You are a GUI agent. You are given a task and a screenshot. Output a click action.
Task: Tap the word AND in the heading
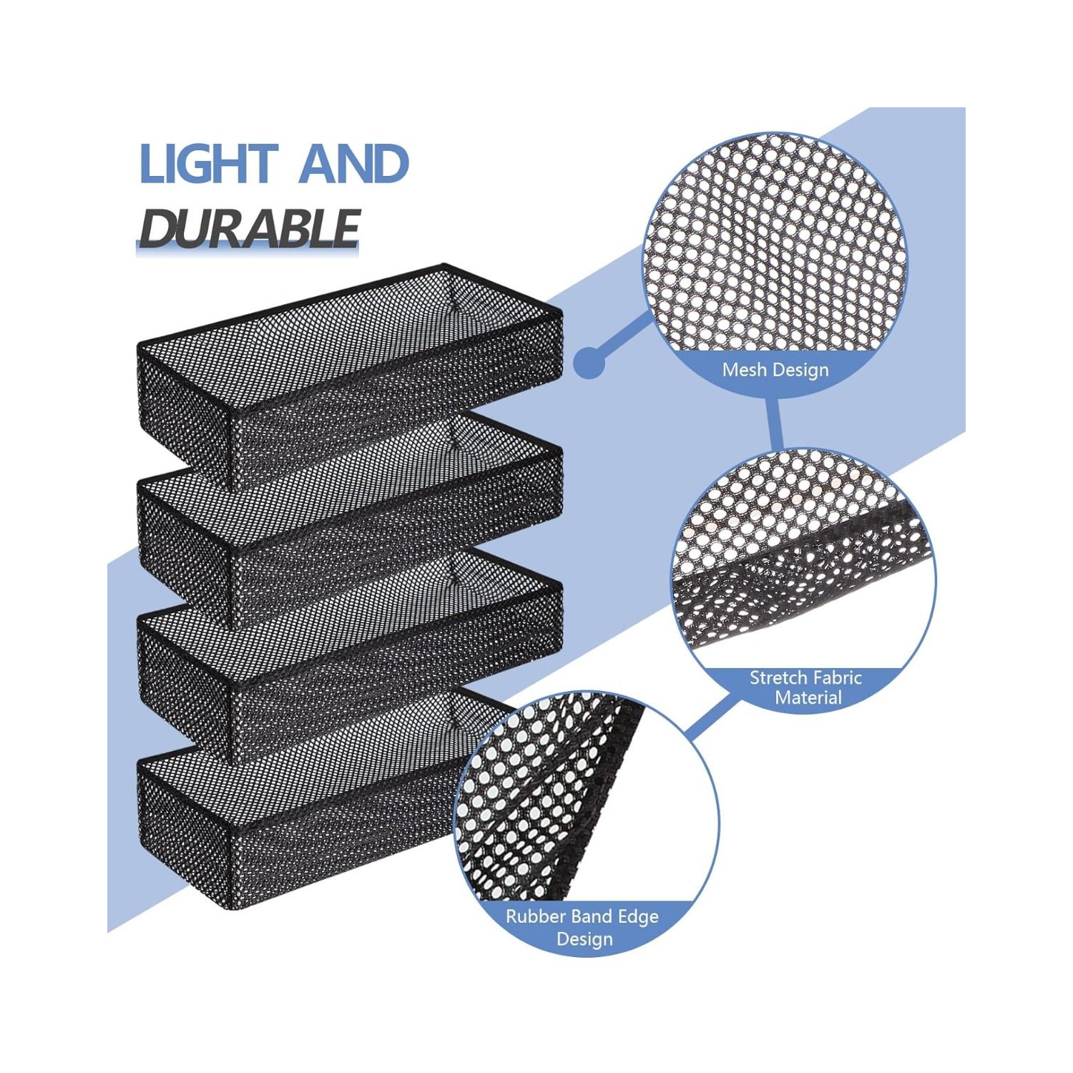tap(354, 164)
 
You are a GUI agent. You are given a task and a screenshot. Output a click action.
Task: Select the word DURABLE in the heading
tap(248, 229)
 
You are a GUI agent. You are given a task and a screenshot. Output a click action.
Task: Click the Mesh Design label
tap(775, 370)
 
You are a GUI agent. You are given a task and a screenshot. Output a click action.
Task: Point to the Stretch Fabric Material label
tap(806, 687)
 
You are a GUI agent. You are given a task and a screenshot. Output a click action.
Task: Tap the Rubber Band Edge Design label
tap(582, 927)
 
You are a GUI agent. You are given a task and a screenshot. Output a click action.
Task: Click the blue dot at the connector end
tap(589, 362)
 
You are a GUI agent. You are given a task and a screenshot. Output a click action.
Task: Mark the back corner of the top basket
tap(444, 266)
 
